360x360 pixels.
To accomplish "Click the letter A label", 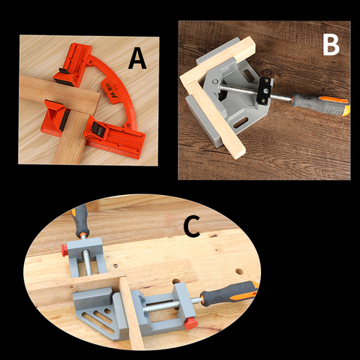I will tap(136, 58).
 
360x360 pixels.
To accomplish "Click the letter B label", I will tap(331, 44).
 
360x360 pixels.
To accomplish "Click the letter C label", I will tap(191, 227).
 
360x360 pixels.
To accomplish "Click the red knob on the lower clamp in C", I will tap(190, 322).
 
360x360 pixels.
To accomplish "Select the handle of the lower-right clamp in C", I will tap(232, 293).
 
